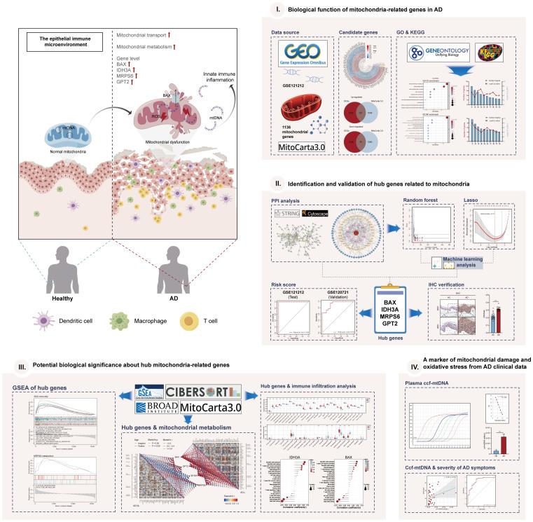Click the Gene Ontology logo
(x=436, y=55)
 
